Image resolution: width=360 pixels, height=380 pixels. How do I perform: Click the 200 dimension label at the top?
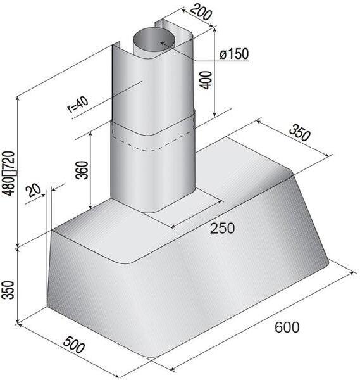(x=201, y=11)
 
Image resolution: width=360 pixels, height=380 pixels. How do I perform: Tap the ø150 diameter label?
(x=234, y=54)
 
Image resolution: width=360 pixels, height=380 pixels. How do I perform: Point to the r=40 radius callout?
(x=78, y=104)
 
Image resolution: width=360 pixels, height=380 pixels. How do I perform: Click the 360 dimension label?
(x=82, y=170)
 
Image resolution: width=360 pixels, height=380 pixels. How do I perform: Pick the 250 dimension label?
(x=222, y=228)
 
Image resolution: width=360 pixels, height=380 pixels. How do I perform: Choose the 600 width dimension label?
(x=287, y=327)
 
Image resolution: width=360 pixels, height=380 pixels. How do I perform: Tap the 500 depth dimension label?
(x=74, y=345)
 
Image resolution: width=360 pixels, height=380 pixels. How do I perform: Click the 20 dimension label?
(x=34, y=190)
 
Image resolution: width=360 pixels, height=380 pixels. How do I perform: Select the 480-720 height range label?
(x=9, y=173)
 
